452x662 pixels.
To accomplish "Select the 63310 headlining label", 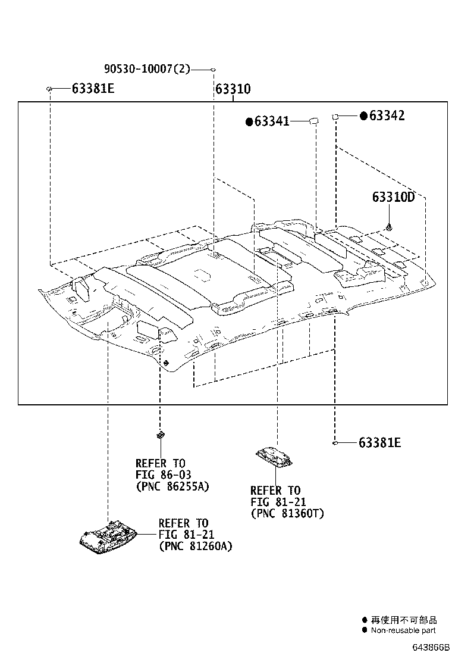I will [x=233, y=89].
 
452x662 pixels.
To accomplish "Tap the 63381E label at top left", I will [x=93, y=89].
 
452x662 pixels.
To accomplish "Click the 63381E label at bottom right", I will [x=379, y=442].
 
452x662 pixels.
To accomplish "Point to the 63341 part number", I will [x=272, y=122].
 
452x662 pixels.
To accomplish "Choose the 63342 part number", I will [x=387, y=115].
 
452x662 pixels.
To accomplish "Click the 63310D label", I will [x=393, y=197].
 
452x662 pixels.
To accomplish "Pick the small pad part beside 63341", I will [x=312, y=121].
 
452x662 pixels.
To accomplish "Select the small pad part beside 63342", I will [x=335, y=115].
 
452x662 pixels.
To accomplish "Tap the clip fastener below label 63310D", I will [x=389, y=226].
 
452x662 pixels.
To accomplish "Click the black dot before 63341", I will [x=249, y=122].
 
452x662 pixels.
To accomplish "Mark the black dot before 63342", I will [x=363, y=116].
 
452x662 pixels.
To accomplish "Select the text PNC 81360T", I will [x=287, y=513].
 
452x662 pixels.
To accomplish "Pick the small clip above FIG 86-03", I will [x=160, y=435].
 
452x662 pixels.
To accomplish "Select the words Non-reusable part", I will [x=403, y=630].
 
